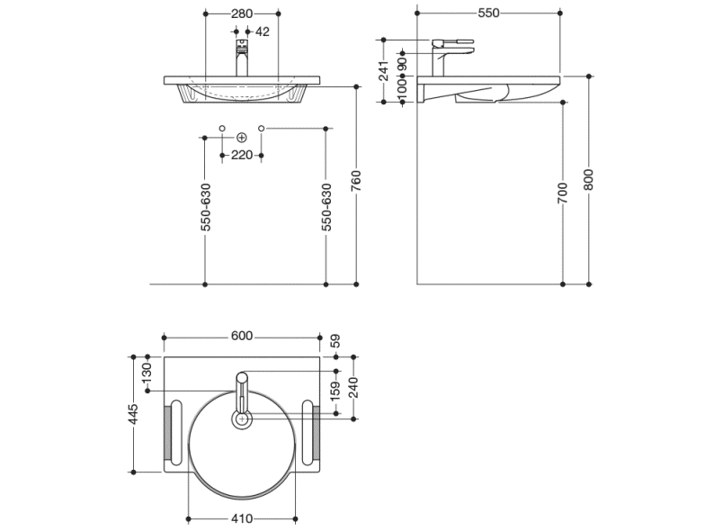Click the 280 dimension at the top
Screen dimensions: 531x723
(242, 13)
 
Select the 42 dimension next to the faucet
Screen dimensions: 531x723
(263, 31)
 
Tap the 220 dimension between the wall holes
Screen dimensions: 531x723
(241, 155)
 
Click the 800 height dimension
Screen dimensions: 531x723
(589, 180)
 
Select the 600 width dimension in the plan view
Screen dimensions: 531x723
(241, 336)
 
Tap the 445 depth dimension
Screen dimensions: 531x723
(133, 413)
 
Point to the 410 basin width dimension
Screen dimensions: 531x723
(241, 518)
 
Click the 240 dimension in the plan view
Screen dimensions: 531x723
(354, 387)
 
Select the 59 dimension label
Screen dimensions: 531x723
(336, 340)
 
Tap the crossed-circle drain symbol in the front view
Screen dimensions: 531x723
(241, 137)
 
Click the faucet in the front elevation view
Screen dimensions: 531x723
(241, 58)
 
